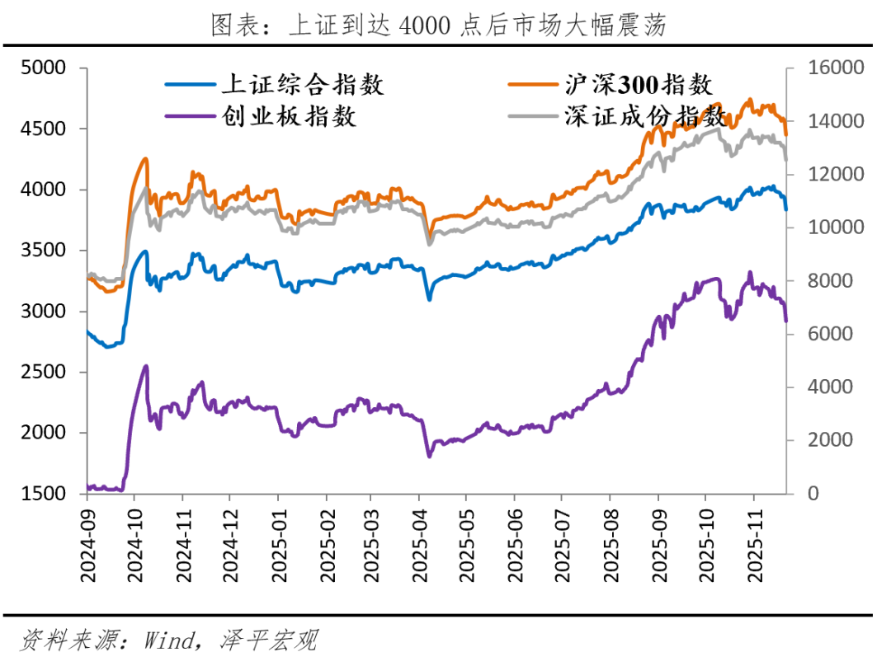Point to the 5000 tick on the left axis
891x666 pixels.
point(42,68)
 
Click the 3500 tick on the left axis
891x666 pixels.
point(42,251)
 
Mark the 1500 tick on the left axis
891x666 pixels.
point(42,494)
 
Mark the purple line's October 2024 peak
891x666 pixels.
point(146,366)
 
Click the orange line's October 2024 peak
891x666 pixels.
point(146,158)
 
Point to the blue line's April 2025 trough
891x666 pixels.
point(429,298)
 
